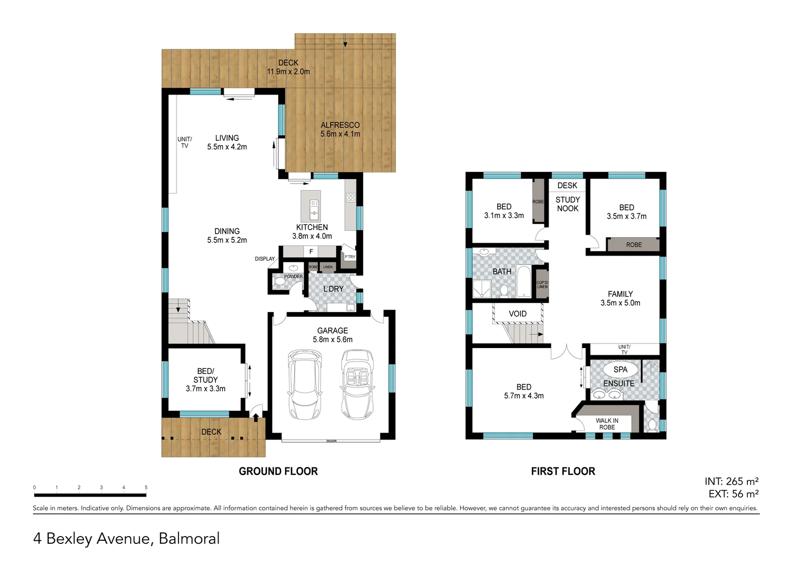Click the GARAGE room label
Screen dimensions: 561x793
[332, 331]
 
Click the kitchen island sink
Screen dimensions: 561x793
[314, 208]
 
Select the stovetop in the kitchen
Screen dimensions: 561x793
[350, 197]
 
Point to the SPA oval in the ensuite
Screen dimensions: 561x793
[620, 369]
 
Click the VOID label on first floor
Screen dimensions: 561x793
[517, 314]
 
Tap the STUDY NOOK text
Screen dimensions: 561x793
[568, 204]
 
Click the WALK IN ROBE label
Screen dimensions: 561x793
[607, 424]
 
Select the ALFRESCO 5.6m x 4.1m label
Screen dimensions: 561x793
[340, 129]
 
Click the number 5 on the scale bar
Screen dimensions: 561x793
[146, 487]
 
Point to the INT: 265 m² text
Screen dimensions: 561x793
[731, 482]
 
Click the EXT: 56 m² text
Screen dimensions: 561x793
[733, 494]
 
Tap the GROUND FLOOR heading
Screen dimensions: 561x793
[278, 471]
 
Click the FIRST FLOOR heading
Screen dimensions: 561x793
[563, 471]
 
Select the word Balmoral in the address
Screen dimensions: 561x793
[189, 539]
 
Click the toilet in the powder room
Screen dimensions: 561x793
[279, 282]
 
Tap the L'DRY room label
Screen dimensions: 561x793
[333, 289]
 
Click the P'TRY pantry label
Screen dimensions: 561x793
[350, 257]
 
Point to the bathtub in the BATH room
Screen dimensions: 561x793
[524, 281]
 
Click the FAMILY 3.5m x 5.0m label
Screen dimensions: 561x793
[620, 298]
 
